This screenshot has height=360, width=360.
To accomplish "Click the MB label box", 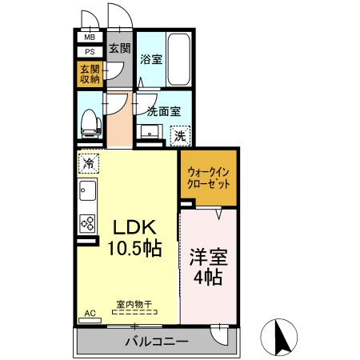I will [89, 37].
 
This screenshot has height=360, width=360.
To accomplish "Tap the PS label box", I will [89, 51].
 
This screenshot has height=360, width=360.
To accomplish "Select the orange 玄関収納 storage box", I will [89, 74].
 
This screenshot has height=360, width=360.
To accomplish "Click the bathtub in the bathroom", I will [178, 60].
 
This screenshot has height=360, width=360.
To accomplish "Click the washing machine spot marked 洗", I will [182, 136].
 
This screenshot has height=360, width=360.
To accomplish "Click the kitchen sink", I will [87, 193].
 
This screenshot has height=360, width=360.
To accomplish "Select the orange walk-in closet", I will [209, 178].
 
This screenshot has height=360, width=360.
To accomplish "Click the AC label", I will [89, 313].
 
